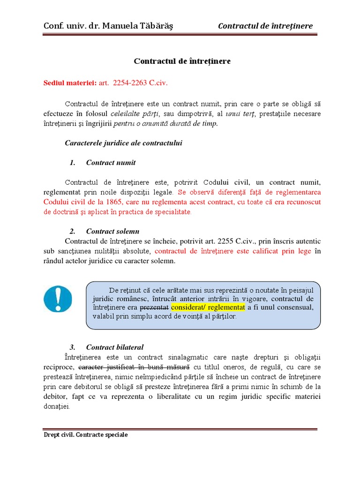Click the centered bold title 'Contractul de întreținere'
(182, 61)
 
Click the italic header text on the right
(265, 26)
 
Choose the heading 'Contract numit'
(111, 163)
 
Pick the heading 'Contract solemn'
(112, 231)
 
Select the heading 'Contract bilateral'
(115, 347)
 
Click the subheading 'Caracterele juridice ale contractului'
(123, 143)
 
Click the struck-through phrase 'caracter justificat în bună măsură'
(134, 367)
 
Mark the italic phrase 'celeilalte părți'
(135, 114)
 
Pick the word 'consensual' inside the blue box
(294, 307)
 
